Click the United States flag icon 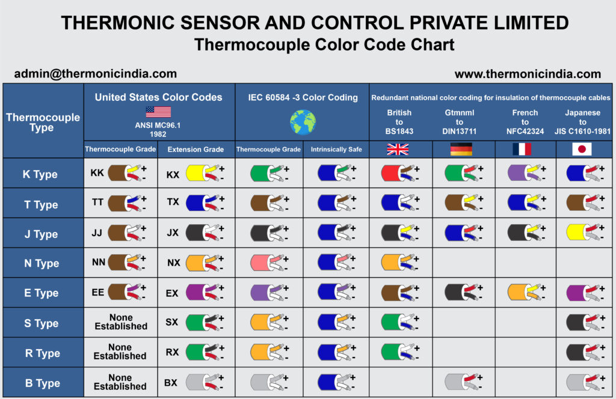pyautogui.click(x=158, y=112)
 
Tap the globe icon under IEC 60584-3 pyautogui.click(x=302, y=122)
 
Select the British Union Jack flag pyautogui.click(x=398, y=150)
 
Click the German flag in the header pyautogui.click(x=461, y=150)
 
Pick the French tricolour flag pyautogui.click(x=520, y=150)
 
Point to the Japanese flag pyautogui.click(x=582, y=150)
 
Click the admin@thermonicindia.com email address pyautogui.click(x=96, y=74)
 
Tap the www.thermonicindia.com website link pyautogui.click(x=528, y=74)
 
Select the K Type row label pyautogui.click(x=40, y=174)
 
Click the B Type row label pyautogui.click(x=40, y=383)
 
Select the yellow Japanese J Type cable pyautogui.click(x=581, y=233)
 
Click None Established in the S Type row pyautogui.click(x=121, y=322)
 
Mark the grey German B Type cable pyautogui.click(x=458, y=382)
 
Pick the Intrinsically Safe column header pyautogui.click(x=336, y=150)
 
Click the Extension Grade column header pyautogui.click(x=196, y=150)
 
